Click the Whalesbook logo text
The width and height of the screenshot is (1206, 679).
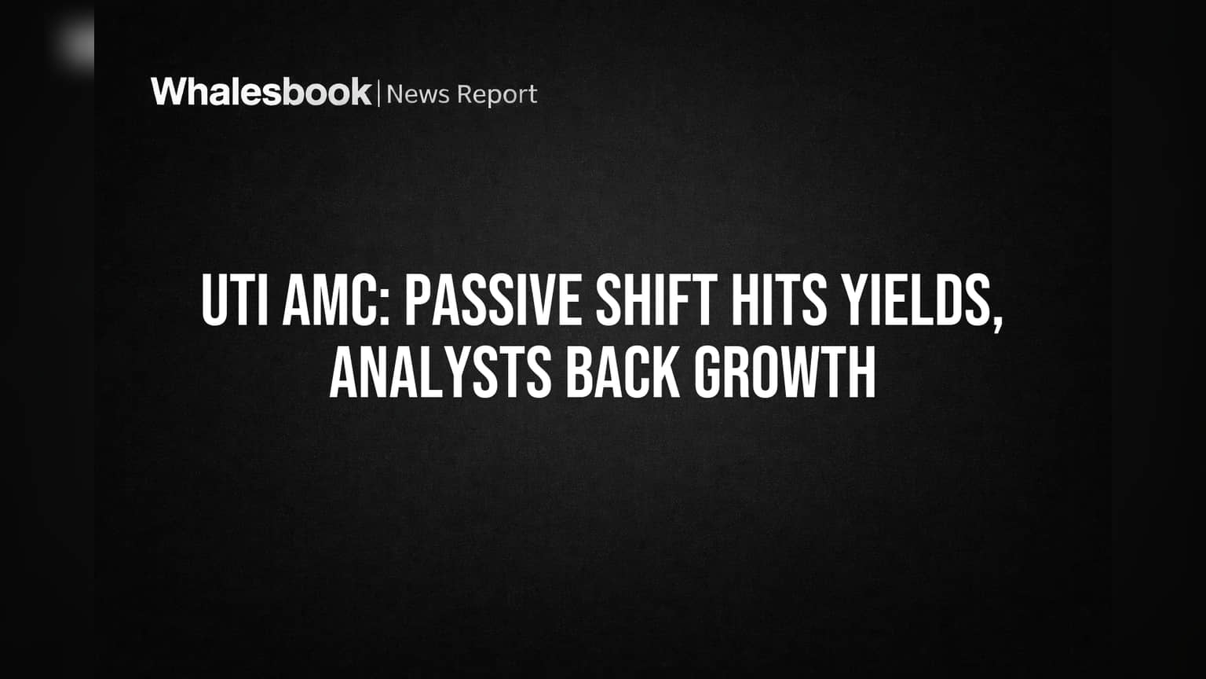click(261, 92)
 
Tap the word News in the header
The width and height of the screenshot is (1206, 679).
click(418, 94)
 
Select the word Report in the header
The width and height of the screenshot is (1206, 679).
click(497, 95)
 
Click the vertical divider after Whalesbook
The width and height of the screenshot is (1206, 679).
click(378, 94)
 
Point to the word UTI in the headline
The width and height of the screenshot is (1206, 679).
click(235, 299)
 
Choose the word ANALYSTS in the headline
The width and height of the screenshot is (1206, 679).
click(440, 373)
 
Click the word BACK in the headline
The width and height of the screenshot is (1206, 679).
click(623, 373)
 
